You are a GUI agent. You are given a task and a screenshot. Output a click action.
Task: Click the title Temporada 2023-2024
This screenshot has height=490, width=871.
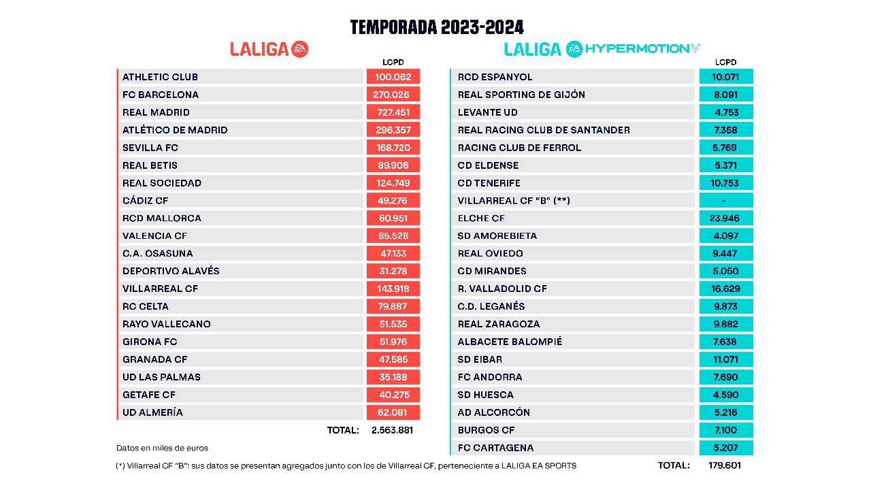point(437,27)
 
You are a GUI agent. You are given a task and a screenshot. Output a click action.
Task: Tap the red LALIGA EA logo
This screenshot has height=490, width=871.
point(269,49)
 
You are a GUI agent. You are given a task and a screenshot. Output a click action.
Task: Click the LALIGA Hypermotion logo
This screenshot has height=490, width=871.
point(602,49)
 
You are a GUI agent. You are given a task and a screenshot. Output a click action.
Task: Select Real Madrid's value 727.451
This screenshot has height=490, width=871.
point(393,112)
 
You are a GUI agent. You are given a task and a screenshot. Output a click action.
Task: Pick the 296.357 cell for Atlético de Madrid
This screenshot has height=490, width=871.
point(393,130)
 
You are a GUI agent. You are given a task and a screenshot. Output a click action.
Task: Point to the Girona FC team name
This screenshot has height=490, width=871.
point(150,342)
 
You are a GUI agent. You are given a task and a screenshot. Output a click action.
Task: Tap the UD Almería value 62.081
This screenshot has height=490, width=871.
point(393,412)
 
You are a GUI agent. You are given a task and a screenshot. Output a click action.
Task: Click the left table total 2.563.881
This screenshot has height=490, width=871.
point(392,430)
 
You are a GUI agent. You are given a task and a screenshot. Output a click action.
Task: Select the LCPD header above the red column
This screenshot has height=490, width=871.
point(393,63)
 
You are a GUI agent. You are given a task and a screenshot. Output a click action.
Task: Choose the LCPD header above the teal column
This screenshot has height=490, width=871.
point(725,63)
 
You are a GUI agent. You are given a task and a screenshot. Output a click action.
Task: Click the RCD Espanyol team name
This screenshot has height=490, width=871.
point(495,77)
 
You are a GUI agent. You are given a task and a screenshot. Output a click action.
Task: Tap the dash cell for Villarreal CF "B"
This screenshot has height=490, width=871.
point(725,201)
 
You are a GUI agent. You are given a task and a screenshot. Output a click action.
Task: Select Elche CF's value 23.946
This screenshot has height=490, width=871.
point(725,218)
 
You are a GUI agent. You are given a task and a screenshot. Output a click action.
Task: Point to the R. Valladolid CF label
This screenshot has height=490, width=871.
point(502,289)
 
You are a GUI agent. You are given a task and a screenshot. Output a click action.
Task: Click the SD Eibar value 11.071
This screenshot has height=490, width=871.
point(725,359)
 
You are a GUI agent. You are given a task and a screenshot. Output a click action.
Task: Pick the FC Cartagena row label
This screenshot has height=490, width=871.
point(495,448)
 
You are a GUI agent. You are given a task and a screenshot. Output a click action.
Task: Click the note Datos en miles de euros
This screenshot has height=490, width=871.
point(162,448)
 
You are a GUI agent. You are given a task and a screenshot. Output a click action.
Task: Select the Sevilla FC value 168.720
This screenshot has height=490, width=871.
point(393,148)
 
